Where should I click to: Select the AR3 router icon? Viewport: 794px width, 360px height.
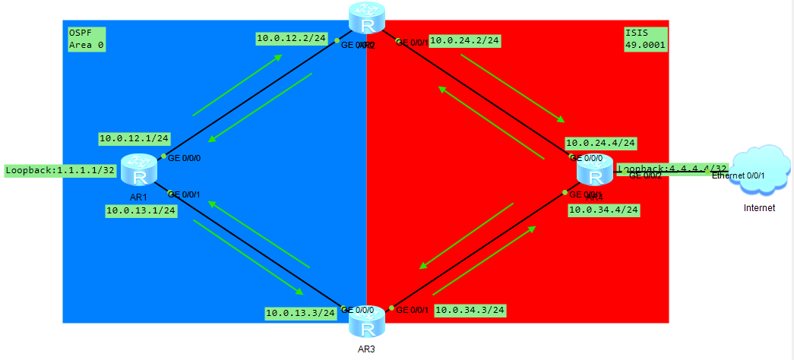(367, 323)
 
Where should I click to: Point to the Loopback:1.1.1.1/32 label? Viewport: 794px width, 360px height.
(60, 170)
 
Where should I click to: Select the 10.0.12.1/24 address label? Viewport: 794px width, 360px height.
(134, 138)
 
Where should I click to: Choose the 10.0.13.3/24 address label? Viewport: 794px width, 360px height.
(300, 312)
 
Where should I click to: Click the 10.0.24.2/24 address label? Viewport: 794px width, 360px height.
(465, 41)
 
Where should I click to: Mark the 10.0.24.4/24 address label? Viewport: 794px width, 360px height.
(600, 142)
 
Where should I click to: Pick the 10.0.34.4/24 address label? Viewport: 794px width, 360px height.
(604, 209)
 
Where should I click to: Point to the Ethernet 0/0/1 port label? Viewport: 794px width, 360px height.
(738, 176)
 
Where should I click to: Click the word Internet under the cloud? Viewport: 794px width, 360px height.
(759, 207)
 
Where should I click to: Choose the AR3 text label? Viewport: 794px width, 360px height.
(367, 349)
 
